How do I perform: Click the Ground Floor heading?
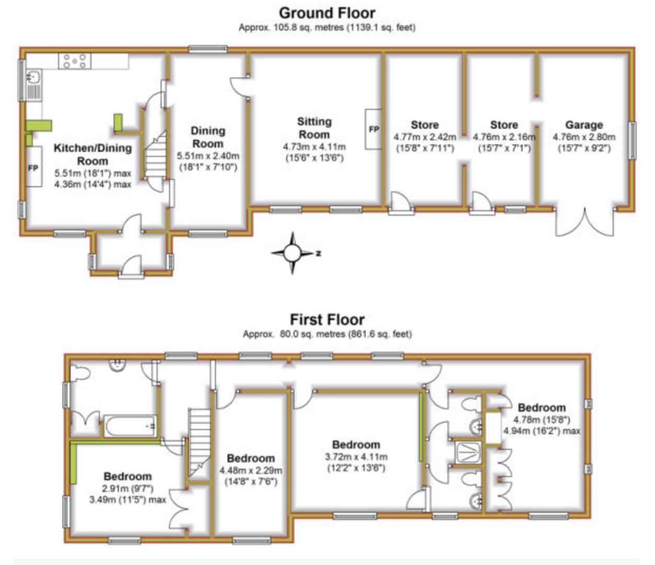click(x=327, y=13)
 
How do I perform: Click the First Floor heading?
click(x=327, y=319)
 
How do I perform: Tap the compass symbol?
click(x=292, y=254)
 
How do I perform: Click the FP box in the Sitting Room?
click(x=374, y=129)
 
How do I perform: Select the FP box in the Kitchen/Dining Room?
click(x=33, y=167)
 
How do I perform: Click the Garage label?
click(x=584, y=125)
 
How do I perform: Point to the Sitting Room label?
click(x=314, y=128)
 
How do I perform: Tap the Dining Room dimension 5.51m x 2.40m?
click(x=208, y=156)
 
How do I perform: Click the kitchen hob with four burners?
click(x=75, y=61)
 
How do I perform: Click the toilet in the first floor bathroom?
click(x=82, y=374)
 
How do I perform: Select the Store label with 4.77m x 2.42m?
click(x=424, y=125)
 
